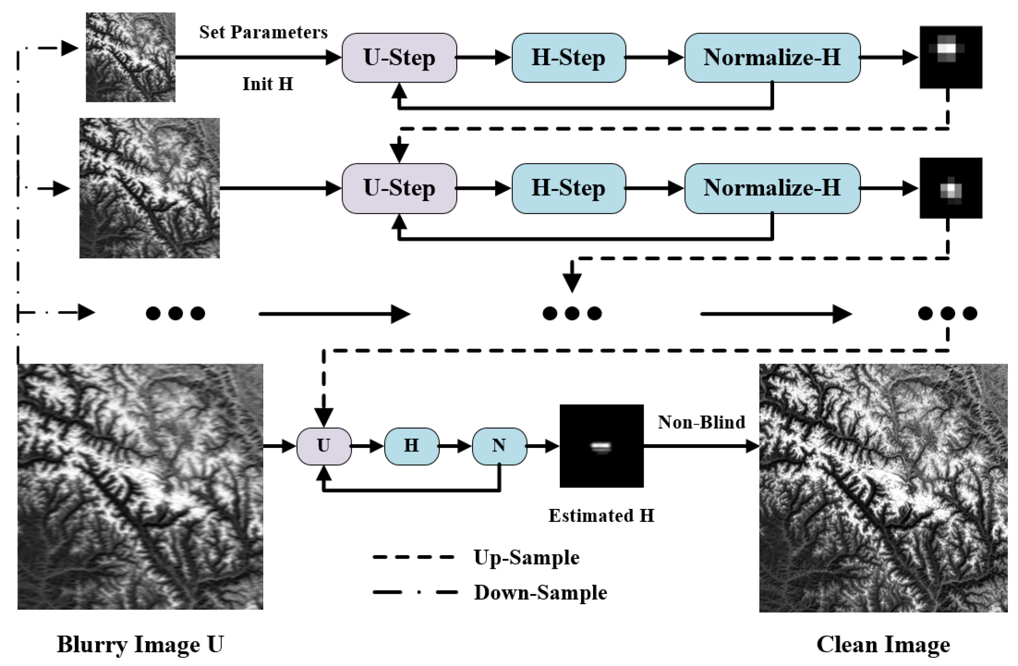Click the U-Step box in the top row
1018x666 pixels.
(x=399, y=58)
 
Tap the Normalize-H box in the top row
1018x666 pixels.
(x=772, y=58)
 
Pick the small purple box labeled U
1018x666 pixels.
(x=324, y=446)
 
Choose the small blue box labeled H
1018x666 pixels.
(x=412, y=446)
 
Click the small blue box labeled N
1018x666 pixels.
(x=499, y=446)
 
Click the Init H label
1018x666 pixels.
(x=268, y=84)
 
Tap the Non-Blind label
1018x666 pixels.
(x=701, y=422)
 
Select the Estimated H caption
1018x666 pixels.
(x=601, y=515)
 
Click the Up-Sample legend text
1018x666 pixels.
(x=526, y=557)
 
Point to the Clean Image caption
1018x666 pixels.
(x=883, y=644)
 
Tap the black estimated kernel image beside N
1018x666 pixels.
(x=601, y=446)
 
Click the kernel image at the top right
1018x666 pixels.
(x=951, y=57)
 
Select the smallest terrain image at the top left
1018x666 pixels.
(x=130, y=57)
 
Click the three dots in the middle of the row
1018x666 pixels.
(x=572, y=313)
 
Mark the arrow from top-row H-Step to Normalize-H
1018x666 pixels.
(x=654, y=57)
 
